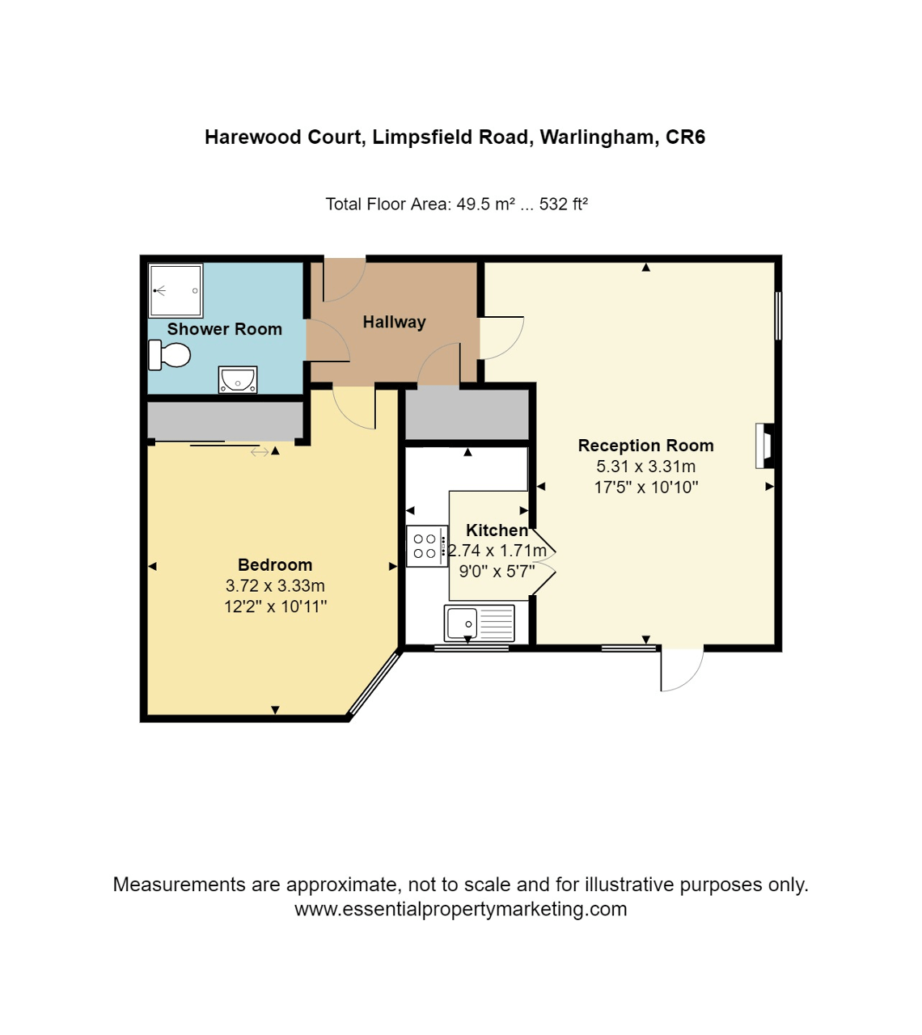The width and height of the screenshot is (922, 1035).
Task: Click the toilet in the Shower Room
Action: click(x=170, y=355)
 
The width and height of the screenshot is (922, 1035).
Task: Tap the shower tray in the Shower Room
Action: click(x=176, y=290)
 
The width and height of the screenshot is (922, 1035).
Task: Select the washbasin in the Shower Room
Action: click(x=238, y=379)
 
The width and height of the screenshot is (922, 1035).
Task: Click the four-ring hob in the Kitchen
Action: click(x=425, y=546)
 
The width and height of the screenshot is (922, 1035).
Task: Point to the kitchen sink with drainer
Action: click(x=479, y=623)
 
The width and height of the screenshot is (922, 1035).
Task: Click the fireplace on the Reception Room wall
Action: click(x=764, y=446)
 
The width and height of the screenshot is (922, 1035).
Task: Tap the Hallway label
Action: click(x=394, y=322)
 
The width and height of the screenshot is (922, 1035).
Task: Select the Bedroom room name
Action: click(x=275, y=565)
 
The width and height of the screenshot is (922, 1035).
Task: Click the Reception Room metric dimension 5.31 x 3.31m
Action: click(x=645, y=467)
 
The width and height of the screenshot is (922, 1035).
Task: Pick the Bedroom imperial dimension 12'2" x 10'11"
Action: click(x=275, y=606)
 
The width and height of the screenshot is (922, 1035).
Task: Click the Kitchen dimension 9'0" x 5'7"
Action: click(x=497, y=572)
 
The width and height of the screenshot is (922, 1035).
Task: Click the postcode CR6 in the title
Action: click(x=685, y=137)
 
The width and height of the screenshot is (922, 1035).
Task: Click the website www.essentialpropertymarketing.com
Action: click(x=460, y=909)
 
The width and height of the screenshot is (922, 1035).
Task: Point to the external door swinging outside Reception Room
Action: click(x=681, y=670)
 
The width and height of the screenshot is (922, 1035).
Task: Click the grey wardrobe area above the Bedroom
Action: click(x=225, y=420)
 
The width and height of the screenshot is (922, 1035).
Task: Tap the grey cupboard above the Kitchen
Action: click(x=467, y=415)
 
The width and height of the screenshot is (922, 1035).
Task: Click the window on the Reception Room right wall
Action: click(x=778, y=315)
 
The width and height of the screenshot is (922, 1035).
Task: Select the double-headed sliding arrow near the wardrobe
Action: click(x=260, y=452)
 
